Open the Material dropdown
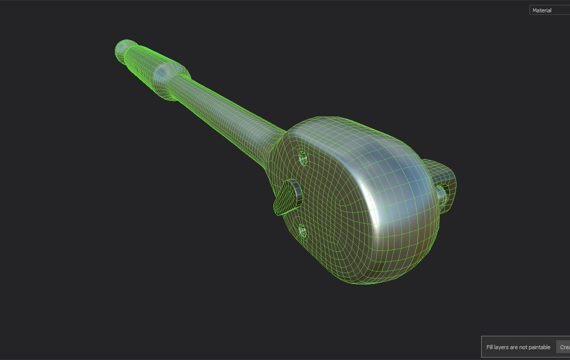(549, 10)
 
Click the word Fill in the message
(491, 347)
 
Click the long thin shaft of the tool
(222, 109)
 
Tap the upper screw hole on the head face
(303, 158)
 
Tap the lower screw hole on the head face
(303, 231)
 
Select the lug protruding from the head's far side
(443, 185)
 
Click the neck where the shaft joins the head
(276, 143)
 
